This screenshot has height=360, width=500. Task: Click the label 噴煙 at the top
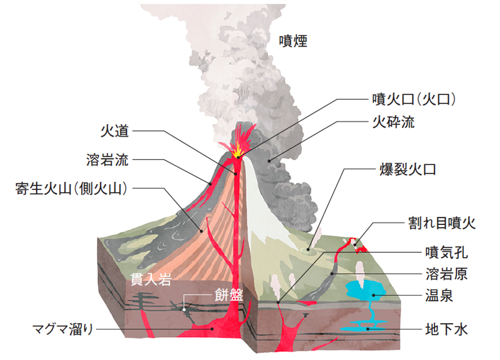(x=293, y=41)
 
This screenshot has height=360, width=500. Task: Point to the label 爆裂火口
(x=407, y=169)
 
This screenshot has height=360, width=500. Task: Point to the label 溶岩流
(x=107, y=161)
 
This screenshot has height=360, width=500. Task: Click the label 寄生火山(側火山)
(x=72, y=188)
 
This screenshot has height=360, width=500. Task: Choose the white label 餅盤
(x=228, y=295)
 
